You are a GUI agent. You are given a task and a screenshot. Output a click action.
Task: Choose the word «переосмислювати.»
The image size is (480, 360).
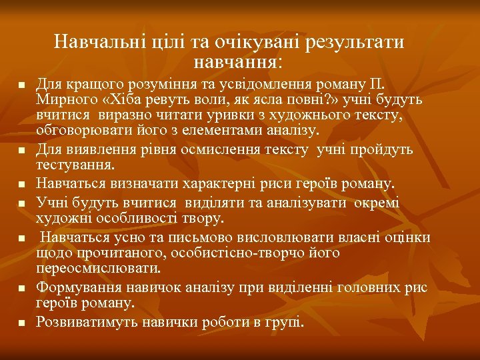pyautogui.click(x=99, y=268)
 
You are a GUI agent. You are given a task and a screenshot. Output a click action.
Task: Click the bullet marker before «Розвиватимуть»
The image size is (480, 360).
pyautogui.click(x=21, y=323)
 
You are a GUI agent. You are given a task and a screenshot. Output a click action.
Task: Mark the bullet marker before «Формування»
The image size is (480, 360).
pyautogui.click(x=21, y=287)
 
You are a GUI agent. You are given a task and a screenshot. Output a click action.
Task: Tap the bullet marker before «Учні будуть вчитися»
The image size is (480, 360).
pyautogui.click(x=21, y=201)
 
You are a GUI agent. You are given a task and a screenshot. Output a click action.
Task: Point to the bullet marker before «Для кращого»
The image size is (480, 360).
pyautogui.click(x=21, y=86)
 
